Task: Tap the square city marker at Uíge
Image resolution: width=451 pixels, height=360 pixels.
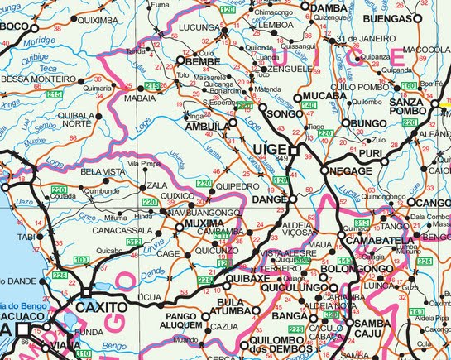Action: point(292,151)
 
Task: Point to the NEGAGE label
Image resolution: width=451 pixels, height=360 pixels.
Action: point(350,170)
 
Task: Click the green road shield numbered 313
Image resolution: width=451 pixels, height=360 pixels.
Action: point(361,223)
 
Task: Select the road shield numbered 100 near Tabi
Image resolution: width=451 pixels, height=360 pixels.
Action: point(81,261)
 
